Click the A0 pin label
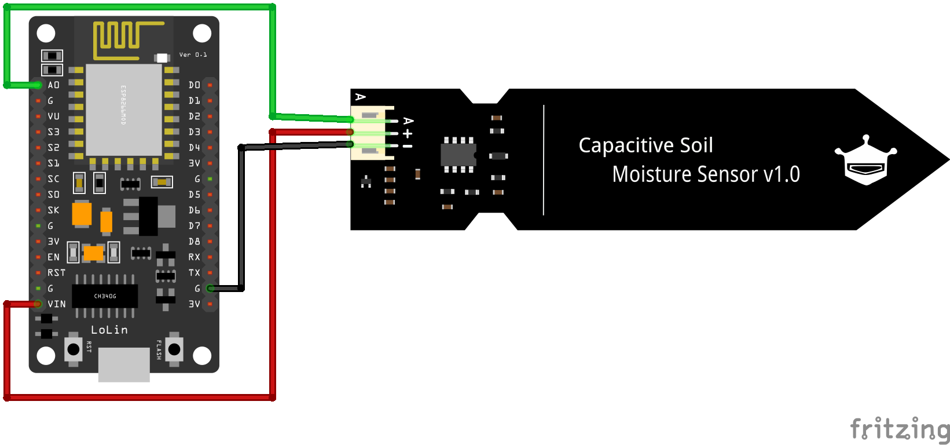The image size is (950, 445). point(53,85)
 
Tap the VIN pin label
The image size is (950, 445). point(57,304)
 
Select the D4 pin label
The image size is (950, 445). point(194,148)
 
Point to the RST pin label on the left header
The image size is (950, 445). point(57,273)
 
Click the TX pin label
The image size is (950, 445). point(194,273)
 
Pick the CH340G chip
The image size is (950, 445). point(105,296)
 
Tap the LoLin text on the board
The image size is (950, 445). point(109,330)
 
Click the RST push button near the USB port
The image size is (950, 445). point(74,349)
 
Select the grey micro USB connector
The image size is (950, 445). point(124,364)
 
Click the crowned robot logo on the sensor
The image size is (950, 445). point(865,162)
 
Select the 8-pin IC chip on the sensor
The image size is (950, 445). point(459,155)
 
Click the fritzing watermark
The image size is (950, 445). point(899,429)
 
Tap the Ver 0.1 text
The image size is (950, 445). point(193,55)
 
